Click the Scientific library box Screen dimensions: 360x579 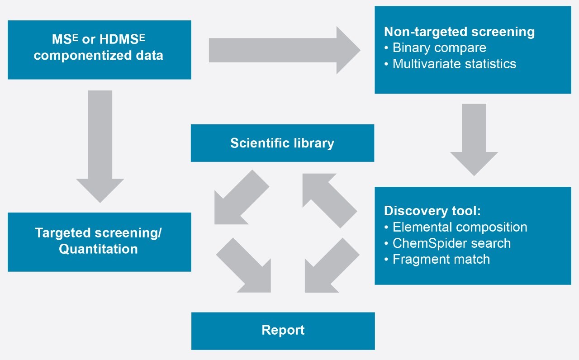pyautogui.click(x=282, y=143)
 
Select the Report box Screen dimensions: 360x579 pyautogui.click(x=283, y=330)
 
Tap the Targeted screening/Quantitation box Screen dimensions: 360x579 pyautogui.click(x=99, y=242)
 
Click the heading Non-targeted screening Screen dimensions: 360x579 pyautogui.click(x=459, y=32)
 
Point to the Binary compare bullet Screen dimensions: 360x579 pyautogui.click(x=439, y=47)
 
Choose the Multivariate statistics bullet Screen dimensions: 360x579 pyautogui.click(x=454, y=64)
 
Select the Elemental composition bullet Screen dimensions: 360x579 pyautogui.click(x=460, y=227)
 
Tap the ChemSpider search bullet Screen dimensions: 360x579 pyautogui.click(x=451, y=243)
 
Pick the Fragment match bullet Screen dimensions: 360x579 pyautogui.click(x=441, y=259)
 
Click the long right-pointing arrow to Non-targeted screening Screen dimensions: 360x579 pyautogui.click(x=284, y=50)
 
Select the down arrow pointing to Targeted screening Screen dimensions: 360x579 pyautogui.click(x=100, y=145)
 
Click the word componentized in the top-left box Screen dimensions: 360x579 pyautogui.click(x=98, y=56)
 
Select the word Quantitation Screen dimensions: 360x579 pyautogui.click(x=98, y=249)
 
